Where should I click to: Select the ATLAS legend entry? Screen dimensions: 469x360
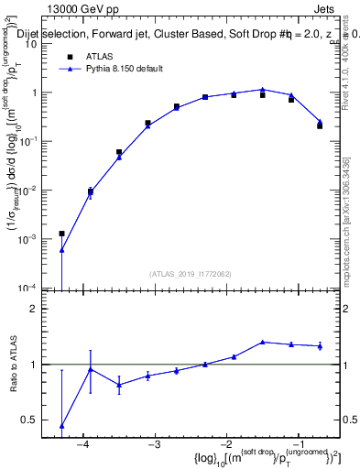(x=100, y=56)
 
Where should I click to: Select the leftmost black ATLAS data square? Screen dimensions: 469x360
(x=61, y=234)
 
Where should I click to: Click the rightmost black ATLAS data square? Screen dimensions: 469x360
(x=320, y=125)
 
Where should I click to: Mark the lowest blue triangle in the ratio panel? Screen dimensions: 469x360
(x=61, y=426)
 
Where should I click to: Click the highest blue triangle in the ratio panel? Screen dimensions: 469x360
(x=263, y=342)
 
